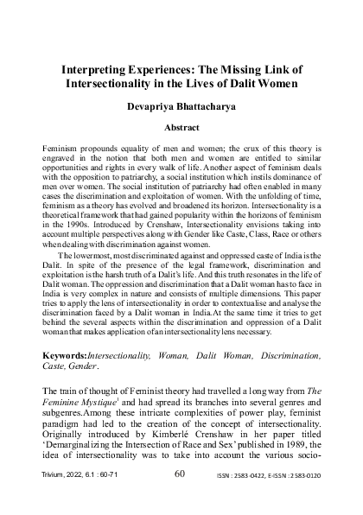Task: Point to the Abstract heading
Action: click(x=181, y=126)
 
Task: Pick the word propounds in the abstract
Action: click(x=95, y=149)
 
